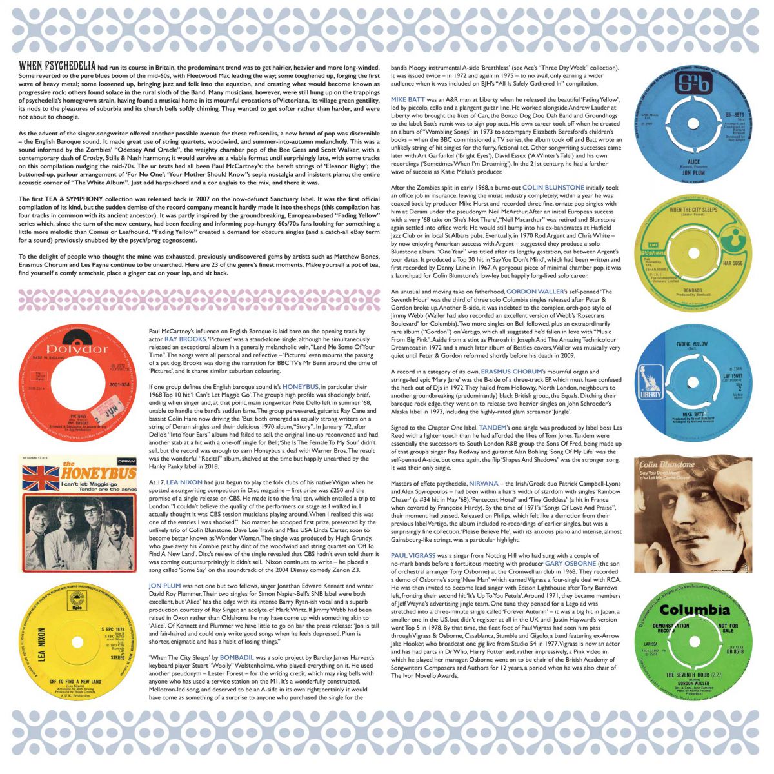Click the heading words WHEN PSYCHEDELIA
point(57,66)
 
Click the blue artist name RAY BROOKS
point(185,338)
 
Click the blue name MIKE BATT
point(407,99)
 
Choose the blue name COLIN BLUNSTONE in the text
point(553,188)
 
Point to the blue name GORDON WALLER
point(534,292)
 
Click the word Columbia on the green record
point(695,610)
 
